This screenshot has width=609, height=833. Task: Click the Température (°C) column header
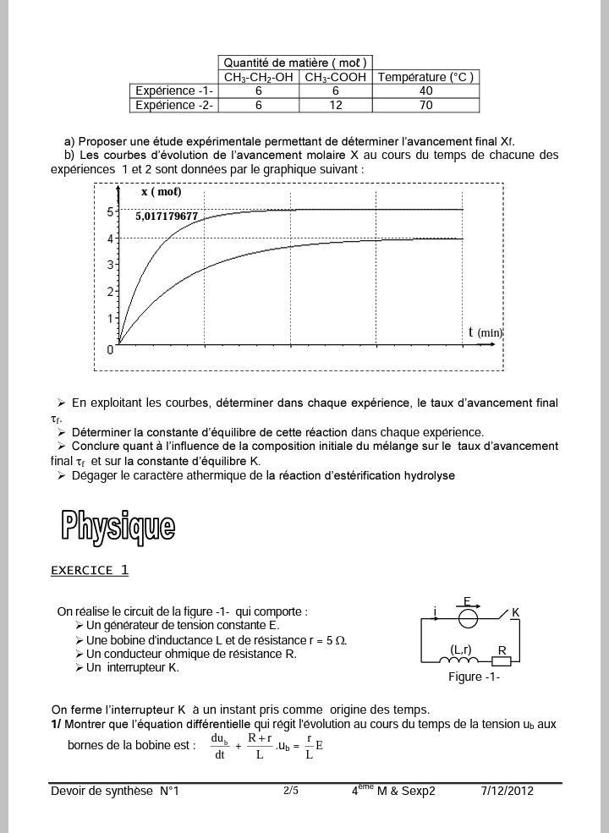click(425, 77)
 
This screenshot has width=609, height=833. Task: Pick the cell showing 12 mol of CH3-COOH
click(336, 105)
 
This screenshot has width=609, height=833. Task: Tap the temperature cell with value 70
click(425, 105)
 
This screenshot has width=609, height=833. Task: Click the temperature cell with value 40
click(425, 90)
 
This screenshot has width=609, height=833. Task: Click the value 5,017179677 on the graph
click(167, 216)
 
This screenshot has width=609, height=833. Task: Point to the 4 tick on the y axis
click(109, 238)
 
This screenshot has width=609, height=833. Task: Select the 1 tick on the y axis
click(109, 318)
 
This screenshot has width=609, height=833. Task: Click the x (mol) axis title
click(162, 192)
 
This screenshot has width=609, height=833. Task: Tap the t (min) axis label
click(486, 332)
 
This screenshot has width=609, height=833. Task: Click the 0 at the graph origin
click(110, 348)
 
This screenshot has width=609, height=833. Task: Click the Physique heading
click(118, 526)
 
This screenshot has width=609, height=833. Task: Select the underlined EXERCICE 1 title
click(90, 570)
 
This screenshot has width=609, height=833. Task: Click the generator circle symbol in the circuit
click(467, 618)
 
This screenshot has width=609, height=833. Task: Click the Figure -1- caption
click(474, 677)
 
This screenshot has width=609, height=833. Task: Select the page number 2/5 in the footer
click(290, 791)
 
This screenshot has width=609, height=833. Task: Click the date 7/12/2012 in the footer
click(507, 792)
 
